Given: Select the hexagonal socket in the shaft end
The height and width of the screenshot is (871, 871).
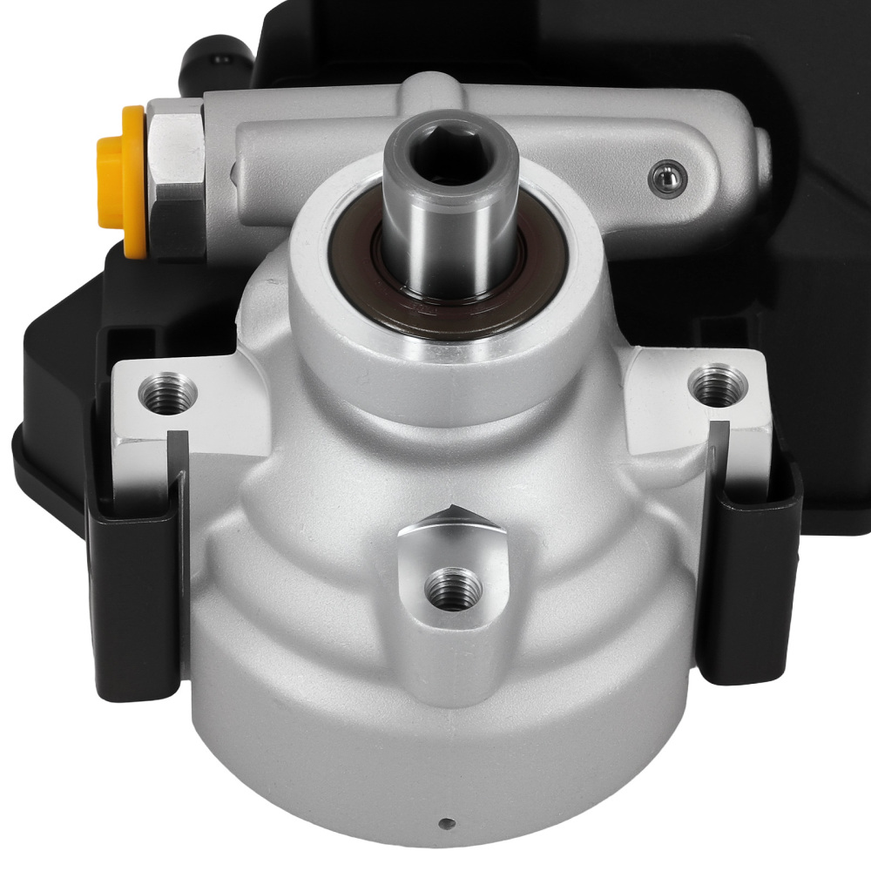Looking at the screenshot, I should (449, 159).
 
